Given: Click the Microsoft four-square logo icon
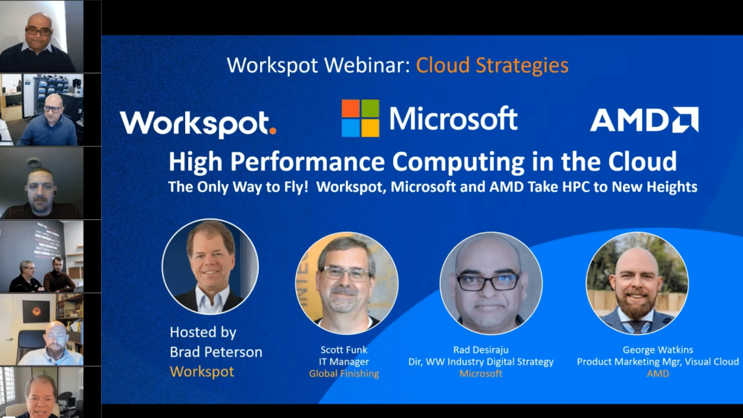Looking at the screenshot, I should click(x=360, y=118).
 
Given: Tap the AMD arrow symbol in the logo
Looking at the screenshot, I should click(x=686, y=120).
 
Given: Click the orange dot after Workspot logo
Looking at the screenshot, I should click(x=273, y=131).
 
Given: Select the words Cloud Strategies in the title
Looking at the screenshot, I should click(x=492, y=65).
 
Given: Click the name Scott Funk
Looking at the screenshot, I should click(x=344, y=350).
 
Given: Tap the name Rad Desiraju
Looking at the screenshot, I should click(x=481, y=350).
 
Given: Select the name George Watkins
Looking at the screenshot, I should click(x=658, y=350).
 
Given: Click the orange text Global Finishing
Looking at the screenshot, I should click(x=344, y=373).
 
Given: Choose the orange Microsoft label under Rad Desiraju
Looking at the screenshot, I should click(x=481, y=373).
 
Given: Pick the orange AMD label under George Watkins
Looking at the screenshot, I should click(x=658, y=373).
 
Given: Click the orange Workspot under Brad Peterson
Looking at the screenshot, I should click(x=202, y=372).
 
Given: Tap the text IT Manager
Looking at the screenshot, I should click(x=344, y=362).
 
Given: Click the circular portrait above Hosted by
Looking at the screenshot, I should click(x=210, y=267).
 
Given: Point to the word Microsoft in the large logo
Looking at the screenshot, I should click(x=453, y=118).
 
